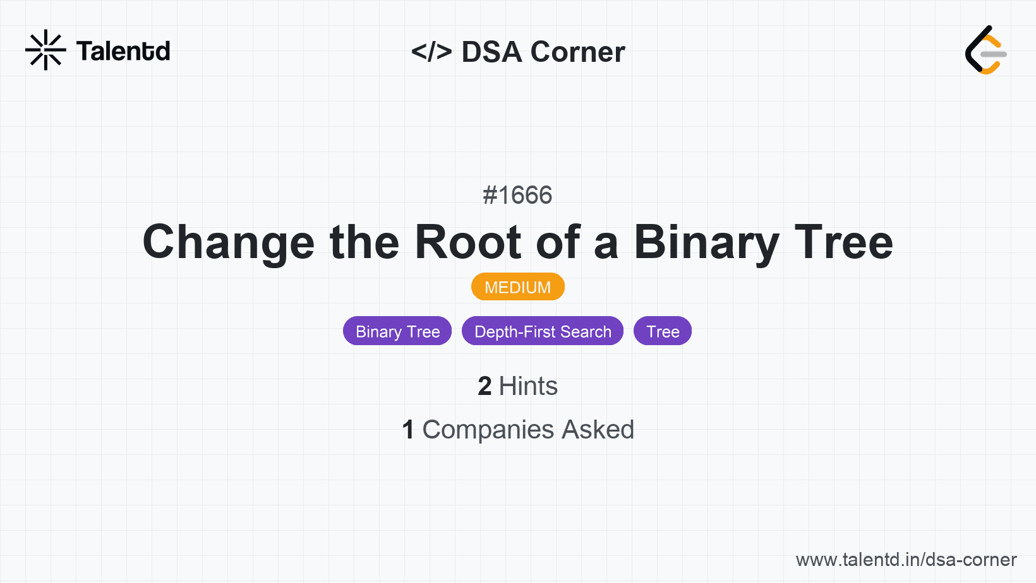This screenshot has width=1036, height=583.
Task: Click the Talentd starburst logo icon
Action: (45, 50)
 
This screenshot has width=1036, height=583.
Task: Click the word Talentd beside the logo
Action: (123, 51)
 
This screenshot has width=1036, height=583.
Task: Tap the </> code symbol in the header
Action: (431, 51)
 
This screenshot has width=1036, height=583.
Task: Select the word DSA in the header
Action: (491, 51)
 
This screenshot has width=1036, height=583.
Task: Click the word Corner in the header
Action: (577, 51)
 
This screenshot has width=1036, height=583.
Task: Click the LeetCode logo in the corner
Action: (985, 50)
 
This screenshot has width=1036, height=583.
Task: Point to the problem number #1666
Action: (517, 194)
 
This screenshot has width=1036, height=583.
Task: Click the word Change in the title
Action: (229, 243)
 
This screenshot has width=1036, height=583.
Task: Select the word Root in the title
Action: (467, 242)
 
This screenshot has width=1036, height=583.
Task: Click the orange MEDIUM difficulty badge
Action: (518, 287)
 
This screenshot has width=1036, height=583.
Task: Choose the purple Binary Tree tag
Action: (397, 331)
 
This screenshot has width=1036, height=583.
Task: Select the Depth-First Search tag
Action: (543, 331)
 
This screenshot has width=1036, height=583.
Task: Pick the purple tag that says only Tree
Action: (663, 331)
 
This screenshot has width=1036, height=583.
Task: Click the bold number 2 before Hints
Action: (485, 386)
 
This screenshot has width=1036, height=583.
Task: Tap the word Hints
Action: (528, 386)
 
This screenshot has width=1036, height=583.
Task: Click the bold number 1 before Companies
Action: (408, 430)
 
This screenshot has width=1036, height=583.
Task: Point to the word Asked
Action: (598, 430)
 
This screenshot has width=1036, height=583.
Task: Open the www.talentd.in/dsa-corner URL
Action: (906, 560)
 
